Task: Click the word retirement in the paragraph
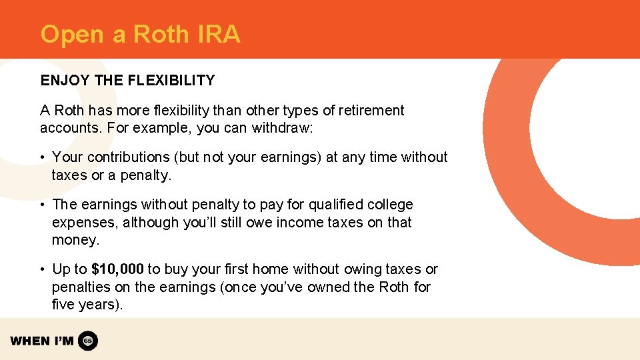pyautogui.click(x=370, y=111)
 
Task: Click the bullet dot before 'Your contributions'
pyautogui.click(x=41, y=157)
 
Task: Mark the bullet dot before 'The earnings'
pyautogui.click(x=41, y=205)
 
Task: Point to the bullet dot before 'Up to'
pyautogui.click(x=41, y=269)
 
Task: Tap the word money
pyautogui.click(x=75, y=239)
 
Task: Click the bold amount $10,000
pyautogui.click(x=117, y=269)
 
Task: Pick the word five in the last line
pyautogui.click(x=64, y=305)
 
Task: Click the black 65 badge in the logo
pyautogui.click(x=88, y=341)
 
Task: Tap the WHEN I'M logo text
pyautogui.click(x=42, y=341)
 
